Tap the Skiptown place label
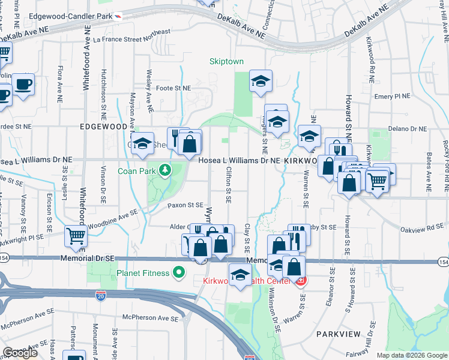click(226, 61)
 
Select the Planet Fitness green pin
click(178, 274)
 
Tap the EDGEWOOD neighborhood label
click(103, 127)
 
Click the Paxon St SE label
click(186, 205)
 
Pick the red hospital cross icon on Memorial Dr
click(301, 280)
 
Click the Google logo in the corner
click(20, 352)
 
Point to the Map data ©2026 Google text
click(412, 355)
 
